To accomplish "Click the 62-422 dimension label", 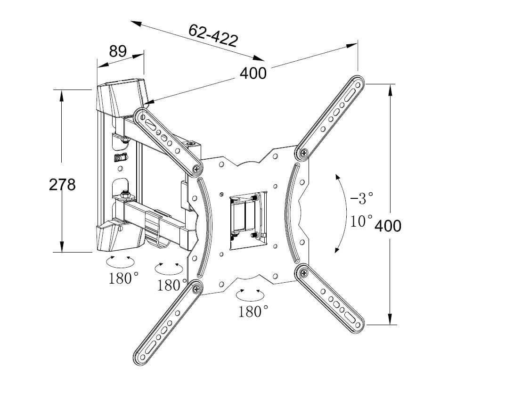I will click(x=212, y=35).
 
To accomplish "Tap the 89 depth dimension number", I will click(x=118, y=51).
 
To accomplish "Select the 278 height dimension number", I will click(x=62, y=184).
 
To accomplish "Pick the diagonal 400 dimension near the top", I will click(x=253, y=73).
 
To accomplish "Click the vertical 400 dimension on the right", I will click(x=388, y=226).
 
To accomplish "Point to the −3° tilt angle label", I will click(x=362, y=198).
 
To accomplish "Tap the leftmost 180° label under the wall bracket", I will click(x=123, y=278).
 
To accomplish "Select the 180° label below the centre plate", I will click(x=253, y=311).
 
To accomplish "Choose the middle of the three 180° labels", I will click(x=172, y=285).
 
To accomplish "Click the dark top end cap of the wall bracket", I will click(x=121, y=98).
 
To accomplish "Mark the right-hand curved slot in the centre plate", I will click(x=293, y=214).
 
